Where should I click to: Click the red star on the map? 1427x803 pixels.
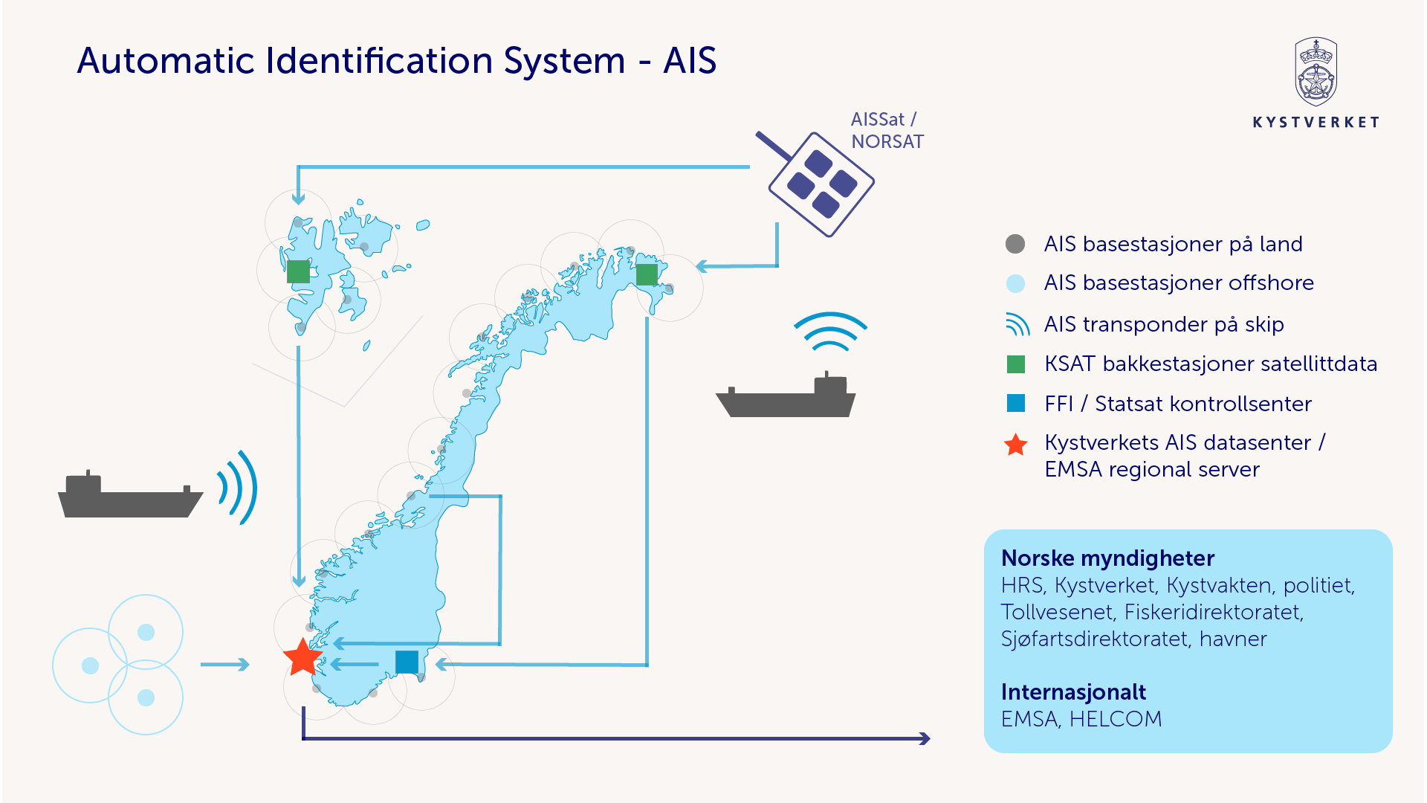pos(303,657)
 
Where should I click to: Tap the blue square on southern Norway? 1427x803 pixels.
pos(407,662)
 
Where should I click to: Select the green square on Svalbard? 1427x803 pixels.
pos(298,271)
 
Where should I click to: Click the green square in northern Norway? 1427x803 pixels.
pos(647,274)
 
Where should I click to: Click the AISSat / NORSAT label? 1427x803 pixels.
pos(887,130)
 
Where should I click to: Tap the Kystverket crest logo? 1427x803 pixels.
pos(1316,72)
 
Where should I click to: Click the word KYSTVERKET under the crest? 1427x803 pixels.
pos(1316,123)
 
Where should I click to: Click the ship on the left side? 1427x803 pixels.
pos(130,496)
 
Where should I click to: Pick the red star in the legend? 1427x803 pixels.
pos(1015,445)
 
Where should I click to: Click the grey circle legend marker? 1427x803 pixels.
pos(1015,244)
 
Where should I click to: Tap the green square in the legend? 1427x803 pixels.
pos(1015,364)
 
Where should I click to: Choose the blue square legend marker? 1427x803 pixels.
pos(1015,404)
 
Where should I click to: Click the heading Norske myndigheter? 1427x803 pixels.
pos(1107,558)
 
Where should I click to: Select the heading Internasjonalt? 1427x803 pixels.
pos(1073,692)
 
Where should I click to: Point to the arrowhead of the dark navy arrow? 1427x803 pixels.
pos(925,738)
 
